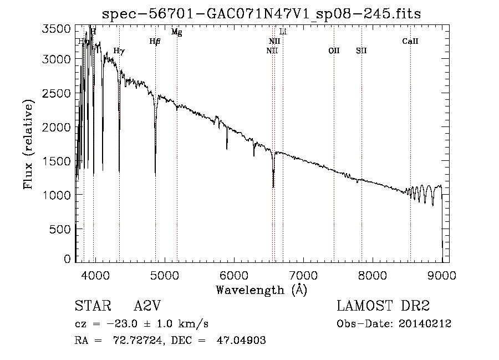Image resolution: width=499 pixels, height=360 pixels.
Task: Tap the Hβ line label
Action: (x=155, y=42)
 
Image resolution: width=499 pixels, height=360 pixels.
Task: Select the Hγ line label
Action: (x=119, y=50)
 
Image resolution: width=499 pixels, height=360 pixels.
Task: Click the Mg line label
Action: (x=176, y=32)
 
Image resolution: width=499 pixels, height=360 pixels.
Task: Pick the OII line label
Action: (x=334, y=50)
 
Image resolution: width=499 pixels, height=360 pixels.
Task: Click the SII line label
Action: (x=361, y=50)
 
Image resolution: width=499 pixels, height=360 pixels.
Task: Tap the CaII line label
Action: (x=410, y=42)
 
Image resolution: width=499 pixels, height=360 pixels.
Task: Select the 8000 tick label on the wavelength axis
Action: (x=373, y=275)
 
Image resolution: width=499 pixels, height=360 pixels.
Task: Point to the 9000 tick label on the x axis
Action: (x=442, y=275)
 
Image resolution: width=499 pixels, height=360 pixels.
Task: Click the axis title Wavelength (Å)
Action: (x=261, y=290)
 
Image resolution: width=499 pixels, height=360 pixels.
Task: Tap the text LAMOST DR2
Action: (x=383, y=307)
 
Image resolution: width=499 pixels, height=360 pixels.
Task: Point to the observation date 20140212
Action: (x=424, y=324)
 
